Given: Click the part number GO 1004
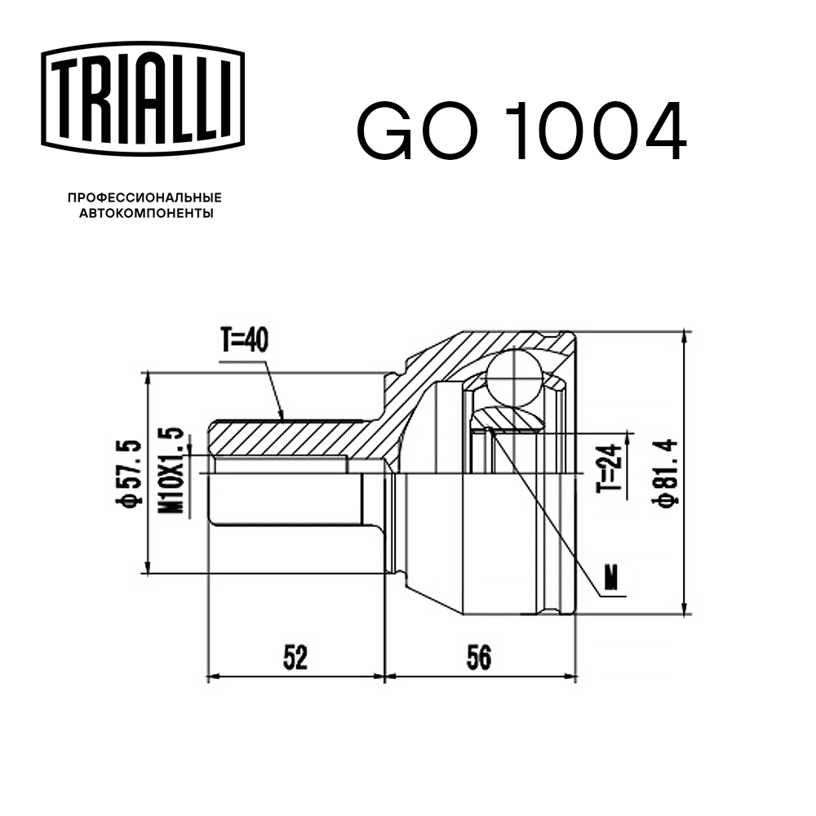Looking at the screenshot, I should click(x=521, y=131).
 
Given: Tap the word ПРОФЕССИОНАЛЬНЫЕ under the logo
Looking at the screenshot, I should click(x=144, y=198).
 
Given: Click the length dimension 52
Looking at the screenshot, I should click(x=295, y=657).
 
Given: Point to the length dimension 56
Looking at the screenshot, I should click(x=480, y=657).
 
